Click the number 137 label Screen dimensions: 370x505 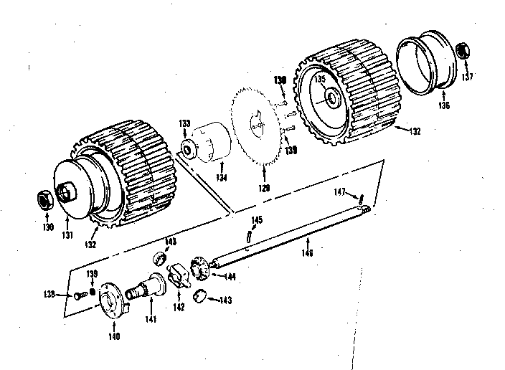(x=468, y=77)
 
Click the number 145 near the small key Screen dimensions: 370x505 (x=256, y=219)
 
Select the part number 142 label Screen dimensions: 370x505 (x=179, y=307)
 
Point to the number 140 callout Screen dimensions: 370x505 (x=114, y=336)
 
